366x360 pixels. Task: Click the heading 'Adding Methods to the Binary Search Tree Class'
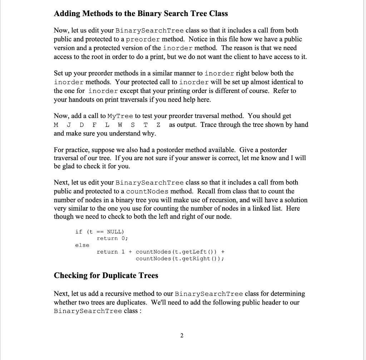tap(140, 14)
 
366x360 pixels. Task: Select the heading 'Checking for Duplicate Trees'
tap(106, 275)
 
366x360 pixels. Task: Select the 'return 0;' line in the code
tap(112, 238)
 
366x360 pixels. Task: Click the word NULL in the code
tap(115, 232)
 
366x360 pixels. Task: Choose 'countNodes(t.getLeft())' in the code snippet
tap(174, 252)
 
